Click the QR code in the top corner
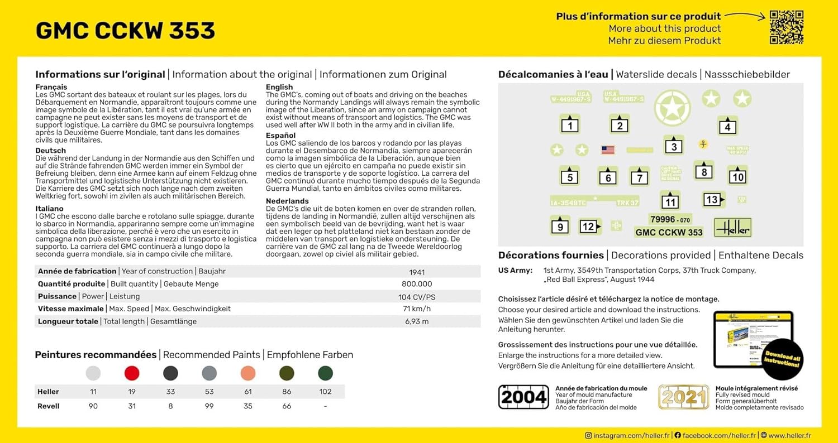click(x=786, y=27)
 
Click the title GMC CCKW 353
click(x=125, y=31)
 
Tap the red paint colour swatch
click(x=132, y=373)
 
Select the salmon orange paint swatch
click(x=248, y=373)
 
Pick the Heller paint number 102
click(x=325, y=392)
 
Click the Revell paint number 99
click(x=209, y=406)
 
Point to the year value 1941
click(x=417, y=272)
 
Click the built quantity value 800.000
click(x=417, y=285)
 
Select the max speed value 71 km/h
click(x=417, y=309)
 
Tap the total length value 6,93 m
click(x=417, y=321)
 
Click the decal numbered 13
click(x=713, y=199)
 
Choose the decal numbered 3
click(x=674, y=146)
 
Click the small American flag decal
click(x=608, y=150)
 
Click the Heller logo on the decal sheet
click(x=732, y=227)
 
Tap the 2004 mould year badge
click(x=523, y=397)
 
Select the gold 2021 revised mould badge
click(x=683, y=397)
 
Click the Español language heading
click(x=281, y=136)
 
